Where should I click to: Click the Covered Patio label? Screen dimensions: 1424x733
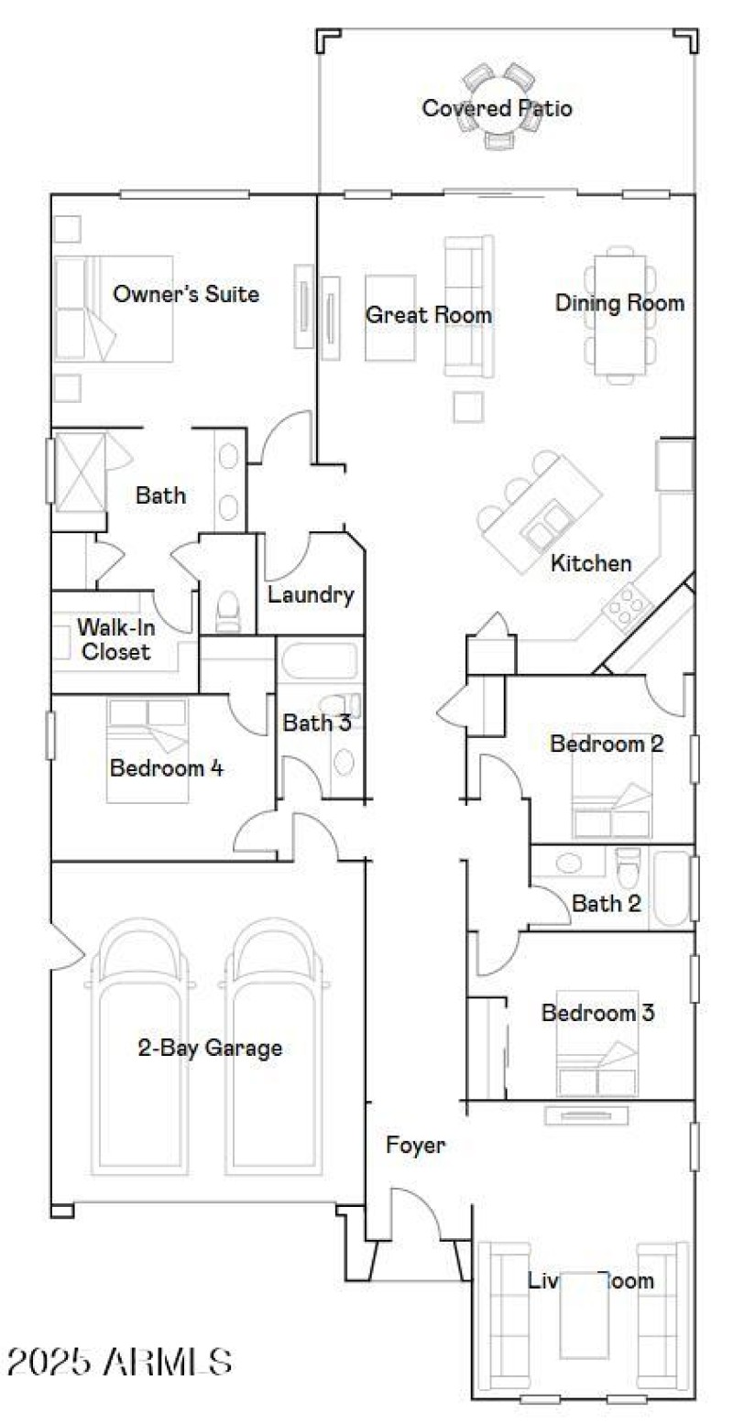(x=497, y=108)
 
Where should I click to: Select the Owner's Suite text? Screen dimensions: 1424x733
(x=185, y=294)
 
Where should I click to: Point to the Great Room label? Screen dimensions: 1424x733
(x=429, y=315)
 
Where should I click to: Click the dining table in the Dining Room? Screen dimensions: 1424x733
(x=621, y=313)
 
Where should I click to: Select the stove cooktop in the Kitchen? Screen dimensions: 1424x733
(x=626, y=604)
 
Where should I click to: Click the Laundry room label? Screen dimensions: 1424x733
(x=311, y=594)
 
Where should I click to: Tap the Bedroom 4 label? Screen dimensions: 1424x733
(x=166, y=767)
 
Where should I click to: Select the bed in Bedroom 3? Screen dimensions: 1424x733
(x=597, y=1044)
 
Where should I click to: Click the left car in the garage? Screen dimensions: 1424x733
(x=141, y=1044)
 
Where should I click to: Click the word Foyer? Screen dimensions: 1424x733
(x=415, y=1145)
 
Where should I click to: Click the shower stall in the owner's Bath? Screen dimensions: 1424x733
(x=81, y=472)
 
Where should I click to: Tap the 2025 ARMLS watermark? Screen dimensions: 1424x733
(x=119, y=1361)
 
